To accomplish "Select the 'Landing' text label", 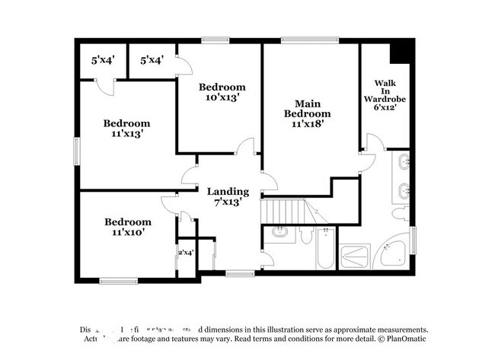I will [228, 191].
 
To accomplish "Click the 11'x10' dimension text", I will [127, 232].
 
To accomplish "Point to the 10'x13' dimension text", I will [222, 97].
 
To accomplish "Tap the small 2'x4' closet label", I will [186, 252].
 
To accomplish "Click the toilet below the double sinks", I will [400, 212].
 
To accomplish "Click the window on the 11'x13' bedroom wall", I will [76, 150].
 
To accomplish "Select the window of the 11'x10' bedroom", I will [118, 281].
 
